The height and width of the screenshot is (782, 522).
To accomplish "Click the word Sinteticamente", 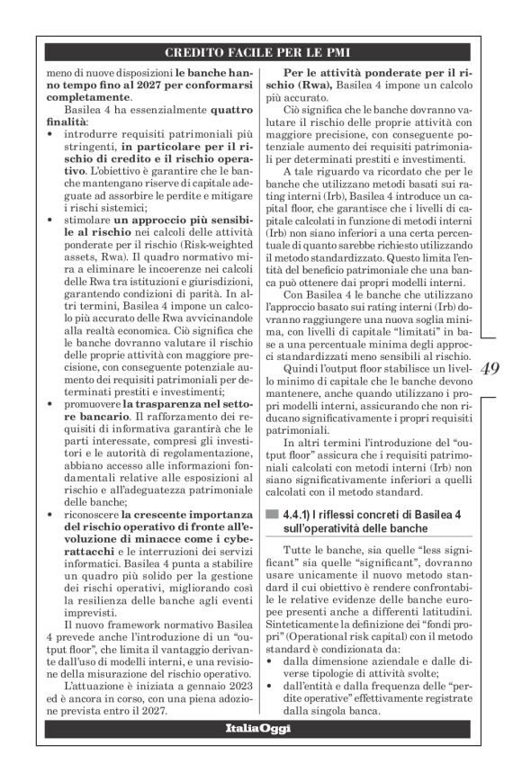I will tap(303, 627).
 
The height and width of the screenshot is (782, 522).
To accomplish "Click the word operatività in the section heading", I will tap(326, 527).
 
